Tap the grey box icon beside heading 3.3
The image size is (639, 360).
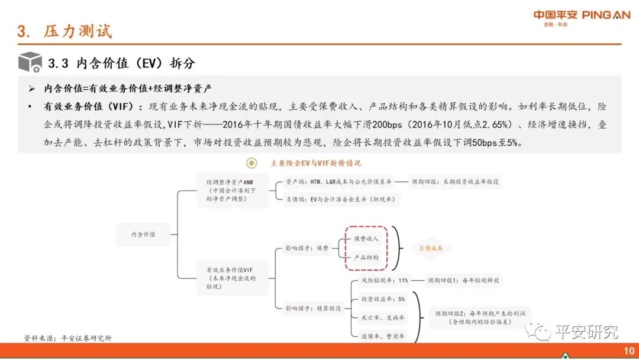click(x=30, y=62)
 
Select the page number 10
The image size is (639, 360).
click(x=629, y=351)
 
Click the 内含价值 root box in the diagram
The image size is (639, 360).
click(x=143, y=234)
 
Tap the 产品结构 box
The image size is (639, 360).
click(x=366, y=258)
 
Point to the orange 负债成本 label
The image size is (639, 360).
click(x=431, y=248)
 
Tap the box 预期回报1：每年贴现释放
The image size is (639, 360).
click(x=464, y=281)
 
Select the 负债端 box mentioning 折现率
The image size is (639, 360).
click(x=338, y=200)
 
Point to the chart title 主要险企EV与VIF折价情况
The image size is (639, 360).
click(x=315, y=163)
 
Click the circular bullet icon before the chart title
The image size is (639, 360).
click(x=252, y=163)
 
